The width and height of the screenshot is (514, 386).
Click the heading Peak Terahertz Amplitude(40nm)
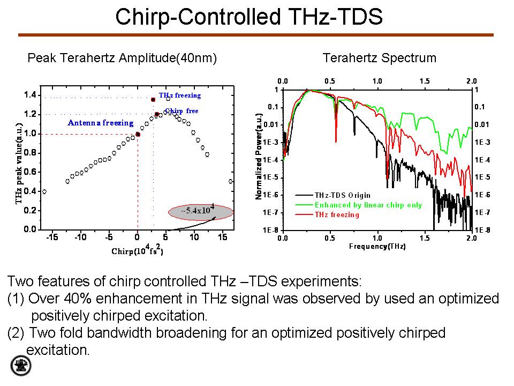pyautogui.click(x=122, y=58)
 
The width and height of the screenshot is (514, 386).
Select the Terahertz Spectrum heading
pyautogui.click(x=379, y=58)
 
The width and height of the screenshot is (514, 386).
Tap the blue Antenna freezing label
pyautogui.click(x=101, y=123)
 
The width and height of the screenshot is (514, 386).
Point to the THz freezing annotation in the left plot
pyautogui.click(x=180, y=95)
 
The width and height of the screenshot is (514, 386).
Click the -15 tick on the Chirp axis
pyautogui.click(x=51, y=237)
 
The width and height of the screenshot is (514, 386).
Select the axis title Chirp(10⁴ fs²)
pyautogui.click(x=137, y=250)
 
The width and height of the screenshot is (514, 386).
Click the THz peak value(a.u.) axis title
pyautogui.click(x=19, y=162)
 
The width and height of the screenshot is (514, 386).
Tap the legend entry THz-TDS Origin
pyautogui.click(x=342, y=196)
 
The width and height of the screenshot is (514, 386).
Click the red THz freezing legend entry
pyautogui.click(x=337, y=214)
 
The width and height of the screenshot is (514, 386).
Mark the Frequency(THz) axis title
pyautogui.click(x=377, y=247)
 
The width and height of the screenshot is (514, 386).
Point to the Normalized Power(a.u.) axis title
pyautogui.click(x=259, y=157)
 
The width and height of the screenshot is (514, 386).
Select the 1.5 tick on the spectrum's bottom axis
pyautogui.click(x=424, y=238)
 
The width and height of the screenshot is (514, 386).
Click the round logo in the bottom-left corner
pyautogui.click(x=21, y=366)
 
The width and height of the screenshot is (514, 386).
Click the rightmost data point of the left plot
pyautogui.click(x=231, y=181)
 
